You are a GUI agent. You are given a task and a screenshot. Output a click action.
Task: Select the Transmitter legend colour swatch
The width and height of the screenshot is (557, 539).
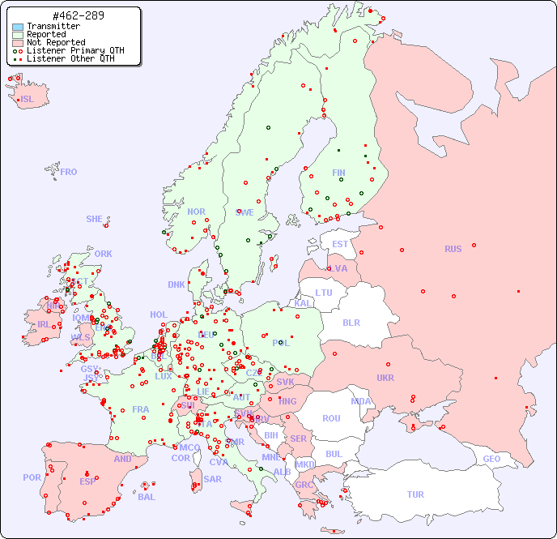tap(18, 26)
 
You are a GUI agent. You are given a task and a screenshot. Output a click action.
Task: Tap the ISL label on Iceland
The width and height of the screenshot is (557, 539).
tap(28, 100)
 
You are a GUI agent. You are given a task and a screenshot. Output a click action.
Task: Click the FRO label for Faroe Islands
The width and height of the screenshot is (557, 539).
tap(69, 172)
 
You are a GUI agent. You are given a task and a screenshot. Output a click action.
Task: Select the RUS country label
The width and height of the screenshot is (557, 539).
tap(453, 249)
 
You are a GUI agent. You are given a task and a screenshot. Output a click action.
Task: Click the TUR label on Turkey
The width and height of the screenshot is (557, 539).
tap(415, 494)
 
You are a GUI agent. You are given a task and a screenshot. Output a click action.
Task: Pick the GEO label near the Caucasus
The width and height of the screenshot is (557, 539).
tap(491, 459)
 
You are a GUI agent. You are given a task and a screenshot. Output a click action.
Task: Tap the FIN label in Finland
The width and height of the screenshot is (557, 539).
tap(338, 173)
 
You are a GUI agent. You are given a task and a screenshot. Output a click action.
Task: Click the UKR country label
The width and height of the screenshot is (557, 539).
tap(385, 378)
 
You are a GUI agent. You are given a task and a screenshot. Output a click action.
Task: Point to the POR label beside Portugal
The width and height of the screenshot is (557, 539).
tap(32, 477)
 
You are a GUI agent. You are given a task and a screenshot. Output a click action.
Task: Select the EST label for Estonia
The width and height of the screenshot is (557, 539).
tap(340, 244)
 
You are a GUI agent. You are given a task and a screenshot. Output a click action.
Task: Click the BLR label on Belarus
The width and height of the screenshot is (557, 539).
tap(351, 323)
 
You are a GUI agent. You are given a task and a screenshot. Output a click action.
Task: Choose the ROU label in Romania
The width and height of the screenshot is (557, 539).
tap(331, 418)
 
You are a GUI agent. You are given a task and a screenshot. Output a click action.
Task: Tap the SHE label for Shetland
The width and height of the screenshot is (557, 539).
tap(95, 219)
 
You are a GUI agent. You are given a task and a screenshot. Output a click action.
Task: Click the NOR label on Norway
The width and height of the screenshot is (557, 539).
tap(196, 212)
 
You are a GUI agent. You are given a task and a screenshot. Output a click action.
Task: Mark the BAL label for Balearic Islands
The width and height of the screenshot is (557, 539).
tap(147, 497)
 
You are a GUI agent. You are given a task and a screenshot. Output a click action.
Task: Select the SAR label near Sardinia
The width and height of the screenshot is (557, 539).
tap(212, 479)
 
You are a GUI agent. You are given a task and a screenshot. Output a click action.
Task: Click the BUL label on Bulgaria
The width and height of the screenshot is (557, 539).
tap(334, 454)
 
